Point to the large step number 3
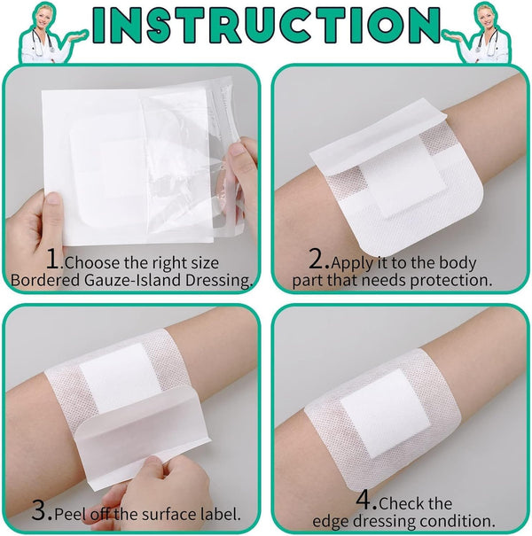click(x=43, y=511)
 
